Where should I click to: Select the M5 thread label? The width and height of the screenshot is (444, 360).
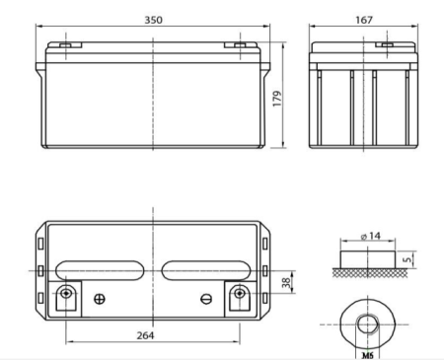coord(368,349)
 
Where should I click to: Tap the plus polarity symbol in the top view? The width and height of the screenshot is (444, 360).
coord(98,299)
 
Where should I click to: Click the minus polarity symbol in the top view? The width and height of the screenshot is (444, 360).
coord(205,299)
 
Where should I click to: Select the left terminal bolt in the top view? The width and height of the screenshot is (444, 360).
coord(66,295)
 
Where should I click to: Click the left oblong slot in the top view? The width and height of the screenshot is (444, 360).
coord(100,269)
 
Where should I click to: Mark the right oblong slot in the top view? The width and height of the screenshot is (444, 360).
coord(206,269)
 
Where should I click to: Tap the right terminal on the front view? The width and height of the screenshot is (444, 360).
coord(238,44)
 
